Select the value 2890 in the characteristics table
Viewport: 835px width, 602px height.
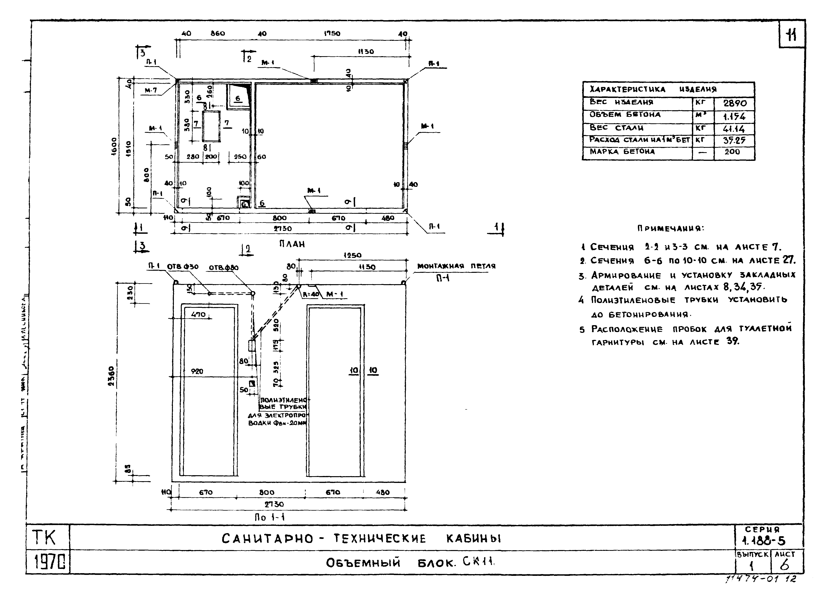(735, 103)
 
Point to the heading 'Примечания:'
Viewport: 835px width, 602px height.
(670, 228)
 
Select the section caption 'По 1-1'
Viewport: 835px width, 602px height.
(270, 517)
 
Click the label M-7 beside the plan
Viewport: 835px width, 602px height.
(151, 90)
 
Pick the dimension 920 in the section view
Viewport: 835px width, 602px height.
(197, 372)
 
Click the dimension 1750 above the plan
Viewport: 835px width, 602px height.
(332, 33)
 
